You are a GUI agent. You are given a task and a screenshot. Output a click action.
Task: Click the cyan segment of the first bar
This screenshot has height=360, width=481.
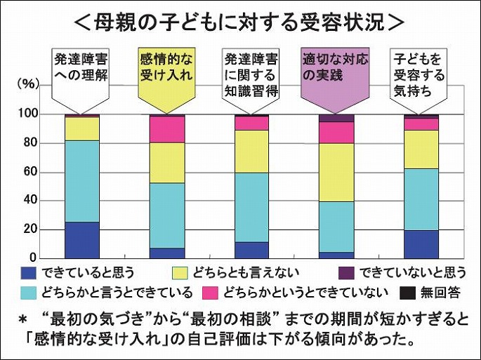click(x=81, y=181)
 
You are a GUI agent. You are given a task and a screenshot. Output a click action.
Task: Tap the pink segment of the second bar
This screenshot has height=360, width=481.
click(x=166, y=129)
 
